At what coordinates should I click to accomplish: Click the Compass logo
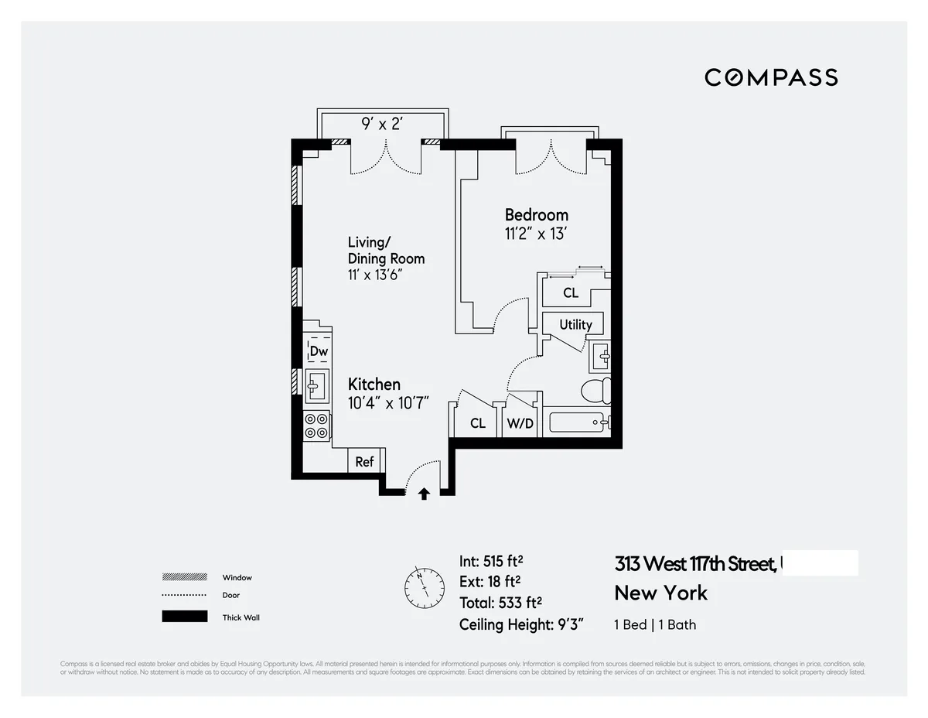(770, 77)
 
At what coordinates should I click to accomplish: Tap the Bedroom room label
(536, 215)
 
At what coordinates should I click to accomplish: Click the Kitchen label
(374, 385)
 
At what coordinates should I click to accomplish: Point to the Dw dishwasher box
(319, 351)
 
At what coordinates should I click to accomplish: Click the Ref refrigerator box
(364, 462)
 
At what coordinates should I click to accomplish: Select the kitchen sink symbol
(316, 385)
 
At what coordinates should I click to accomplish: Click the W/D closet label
(519, 423)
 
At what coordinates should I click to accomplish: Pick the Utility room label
(575, 325)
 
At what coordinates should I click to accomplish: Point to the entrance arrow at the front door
(424, 494)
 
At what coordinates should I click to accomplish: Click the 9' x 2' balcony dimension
(382, 124)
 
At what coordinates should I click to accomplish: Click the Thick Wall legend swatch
(184, 617)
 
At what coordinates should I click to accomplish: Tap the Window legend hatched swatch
(184, 577)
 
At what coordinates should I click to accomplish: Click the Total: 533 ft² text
(500, 603)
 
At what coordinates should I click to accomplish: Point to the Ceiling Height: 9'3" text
(521, 624)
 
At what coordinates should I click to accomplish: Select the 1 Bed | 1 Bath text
(654, 624)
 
